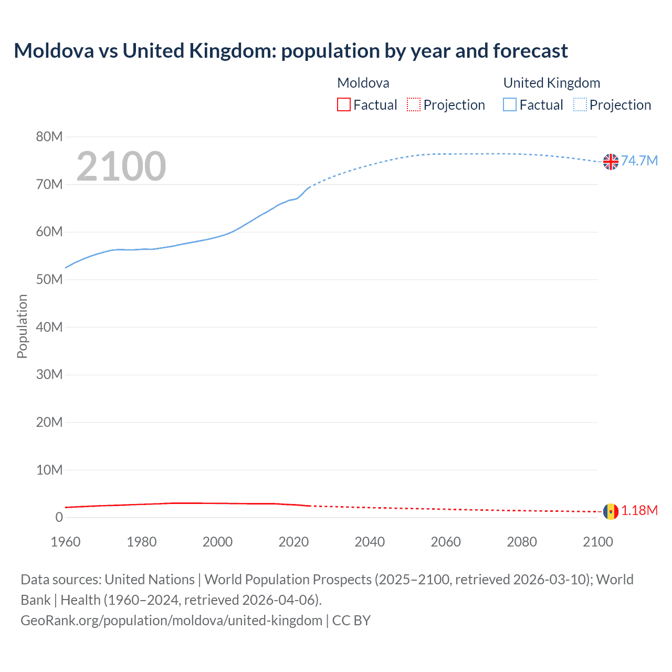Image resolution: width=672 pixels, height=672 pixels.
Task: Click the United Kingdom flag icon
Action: (x=611, y=162)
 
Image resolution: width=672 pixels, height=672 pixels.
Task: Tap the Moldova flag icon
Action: (x=611, y=511)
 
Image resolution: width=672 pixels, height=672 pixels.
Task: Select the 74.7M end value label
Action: (x=639, y=161)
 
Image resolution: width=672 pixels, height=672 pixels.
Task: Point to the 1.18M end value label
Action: (x=639, y=510)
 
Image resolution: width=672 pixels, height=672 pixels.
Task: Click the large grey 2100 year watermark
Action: (x=121, y=166)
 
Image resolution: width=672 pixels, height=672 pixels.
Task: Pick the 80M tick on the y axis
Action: (x=49, y=137)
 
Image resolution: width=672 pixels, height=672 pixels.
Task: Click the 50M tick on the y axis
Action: (x=49, y=279)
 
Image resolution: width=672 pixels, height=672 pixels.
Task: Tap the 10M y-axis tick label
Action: (x=49, y=470)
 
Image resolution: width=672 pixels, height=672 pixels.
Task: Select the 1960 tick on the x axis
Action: (x=66, y=542)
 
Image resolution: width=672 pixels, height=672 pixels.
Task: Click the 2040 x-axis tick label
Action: (x=370, y=542)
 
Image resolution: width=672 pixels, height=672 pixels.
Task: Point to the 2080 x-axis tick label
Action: (x=522, y=542)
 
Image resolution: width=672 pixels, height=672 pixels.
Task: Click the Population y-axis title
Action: (x=22, y=326)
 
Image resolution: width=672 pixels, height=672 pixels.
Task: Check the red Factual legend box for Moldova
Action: (x=344, y=105)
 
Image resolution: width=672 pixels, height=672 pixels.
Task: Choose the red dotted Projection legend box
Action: (x=414, y=105)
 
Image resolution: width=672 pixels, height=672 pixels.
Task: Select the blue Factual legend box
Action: (x=510, y=105)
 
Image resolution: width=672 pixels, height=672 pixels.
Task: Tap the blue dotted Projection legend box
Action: (x=580, y=105)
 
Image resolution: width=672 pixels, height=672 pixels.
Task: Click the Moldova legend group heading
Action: (x=363, y=83)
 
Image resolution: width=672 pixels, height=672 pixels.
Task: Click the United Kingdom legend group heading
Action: (x=552, y=83)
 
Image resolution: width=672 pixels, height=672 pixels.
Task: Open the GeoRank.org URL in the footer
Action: (x=171, y=621)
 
